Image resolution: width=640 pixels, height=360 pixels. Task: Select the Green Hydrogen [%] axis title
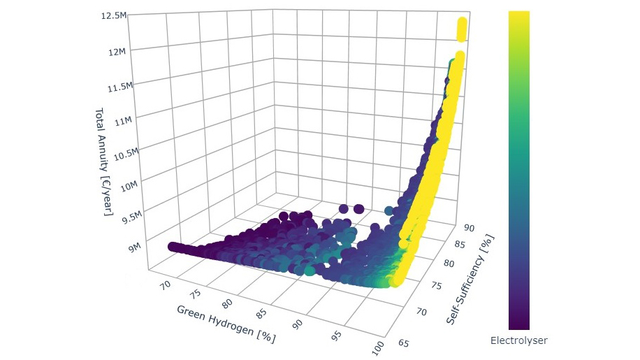tap(226, 323)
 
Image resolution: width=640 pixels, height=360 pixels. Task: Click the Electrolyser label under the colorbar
tap(518, 340)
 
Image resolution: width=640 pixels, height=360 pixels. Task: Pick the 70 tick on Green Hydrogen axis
tap(166, 285)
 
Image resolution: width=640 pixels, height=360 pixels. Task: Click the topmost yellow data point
tap(461, 24)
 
